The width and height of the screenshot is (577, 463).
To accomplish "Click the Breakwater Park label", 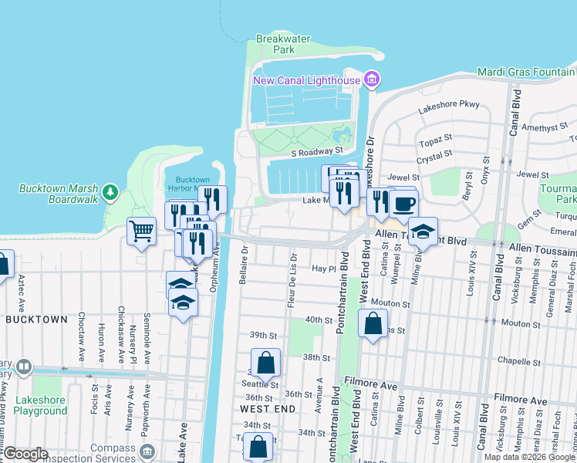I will pos(275,44).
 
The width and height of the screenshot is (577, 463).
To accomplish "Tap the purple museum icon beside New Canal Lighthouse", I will pos(372,79).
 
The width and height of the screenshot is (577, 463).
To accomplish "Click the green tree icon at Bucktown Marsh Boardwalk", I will pos(110,190).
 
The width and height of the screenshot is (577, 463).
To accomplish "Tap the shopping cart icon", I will pos(142,230).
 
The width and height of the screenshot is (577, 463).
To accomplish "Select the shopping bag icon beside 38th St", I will pos(265,361).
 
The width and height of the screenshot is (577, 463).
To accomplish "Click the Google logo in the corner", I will pos(25,454).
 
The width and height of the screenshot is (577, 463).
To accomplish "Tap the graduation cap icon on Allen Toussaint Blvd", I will pos(422,231).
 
